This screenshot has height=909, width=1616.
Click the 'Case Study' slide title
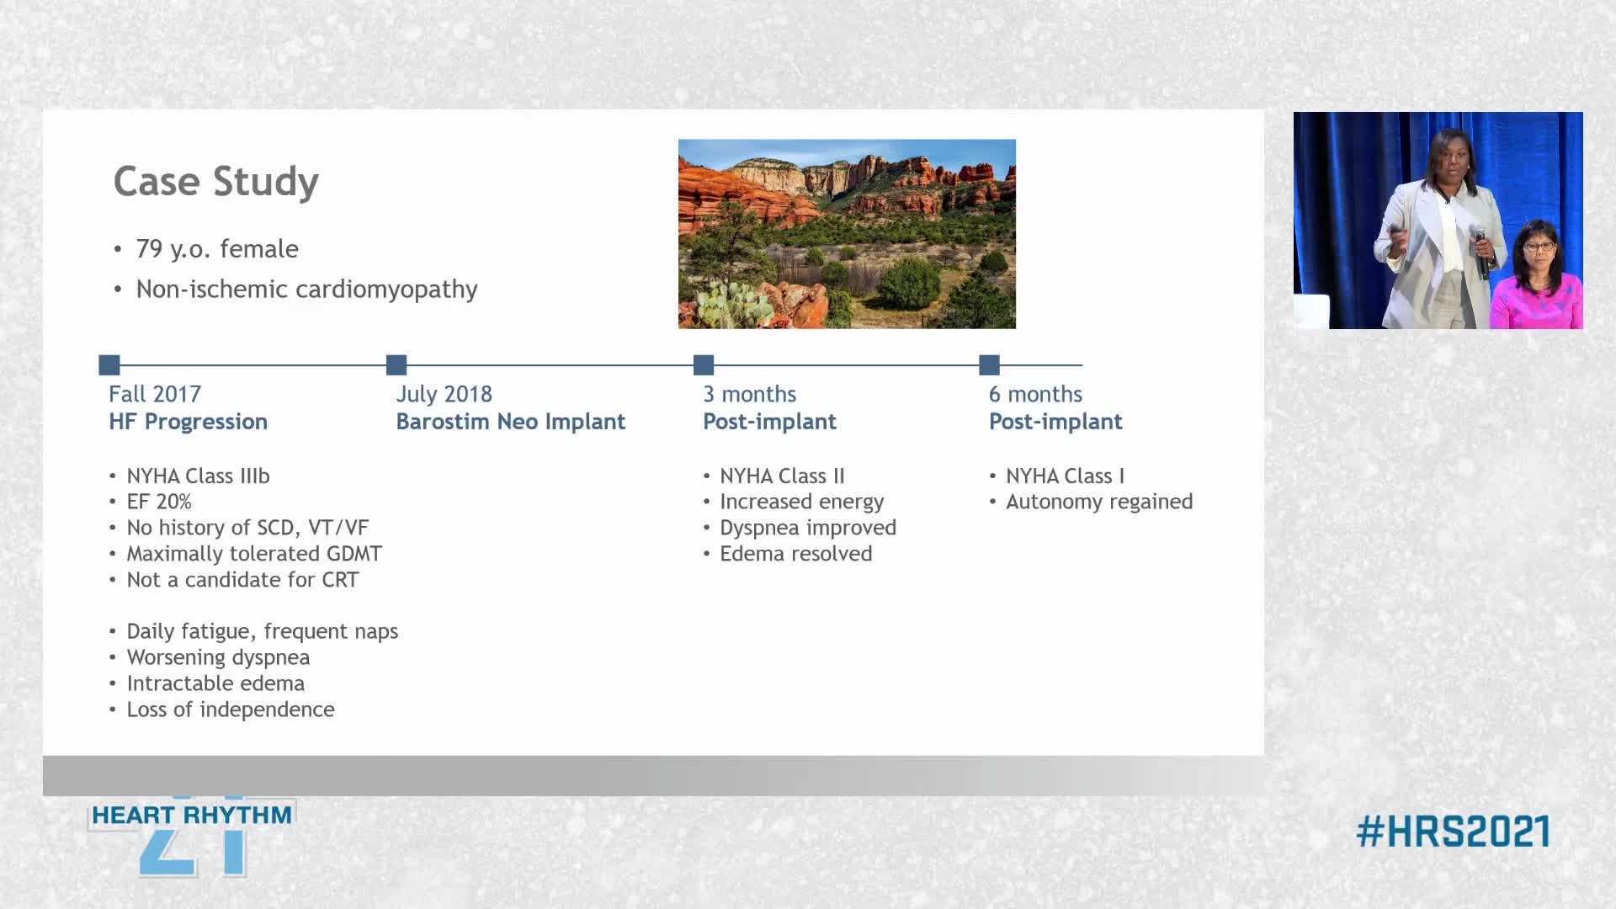tap(216, 182)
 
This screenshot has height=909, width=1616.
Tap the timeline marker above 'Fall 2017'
tap(109, 364)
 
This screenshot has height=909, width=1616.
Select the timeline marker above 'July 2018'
tap(396, 364)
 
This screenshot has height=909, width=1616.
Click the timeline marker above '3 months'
tap(704, 364)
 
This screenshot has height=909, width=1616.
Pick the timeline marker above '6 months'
tap(990, 364)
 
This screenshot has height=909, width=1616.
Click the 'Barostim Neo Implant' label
tap(511, 422)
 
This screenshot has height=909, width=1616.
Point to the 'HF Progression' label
tap(188, 422)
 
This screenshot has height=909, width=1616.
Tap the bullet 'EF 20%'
tap(159, 502)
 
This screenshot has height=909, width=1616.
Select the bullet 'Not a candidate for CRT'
tap(242, 580)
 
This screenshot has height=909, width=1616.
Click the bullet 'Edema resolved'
tap(795, 554)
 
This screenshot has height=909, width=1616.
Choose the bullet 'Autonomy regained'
tap(1099, 502)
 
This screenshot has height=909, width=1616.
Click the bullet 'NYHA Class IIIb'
tap(198, 476)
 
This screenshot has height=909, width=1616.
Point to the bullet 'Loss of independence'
tap(231, 710)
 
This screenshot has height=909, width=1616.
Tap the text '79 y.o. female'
tap(217, 249)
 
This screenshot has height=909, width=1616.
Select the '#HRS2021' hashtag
tap(1453, 832)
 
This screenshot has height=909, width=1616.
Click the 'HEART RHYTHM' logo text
tap(192, 815)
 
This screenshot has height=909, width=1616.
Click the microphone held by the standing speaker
tap(1480, 251)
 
